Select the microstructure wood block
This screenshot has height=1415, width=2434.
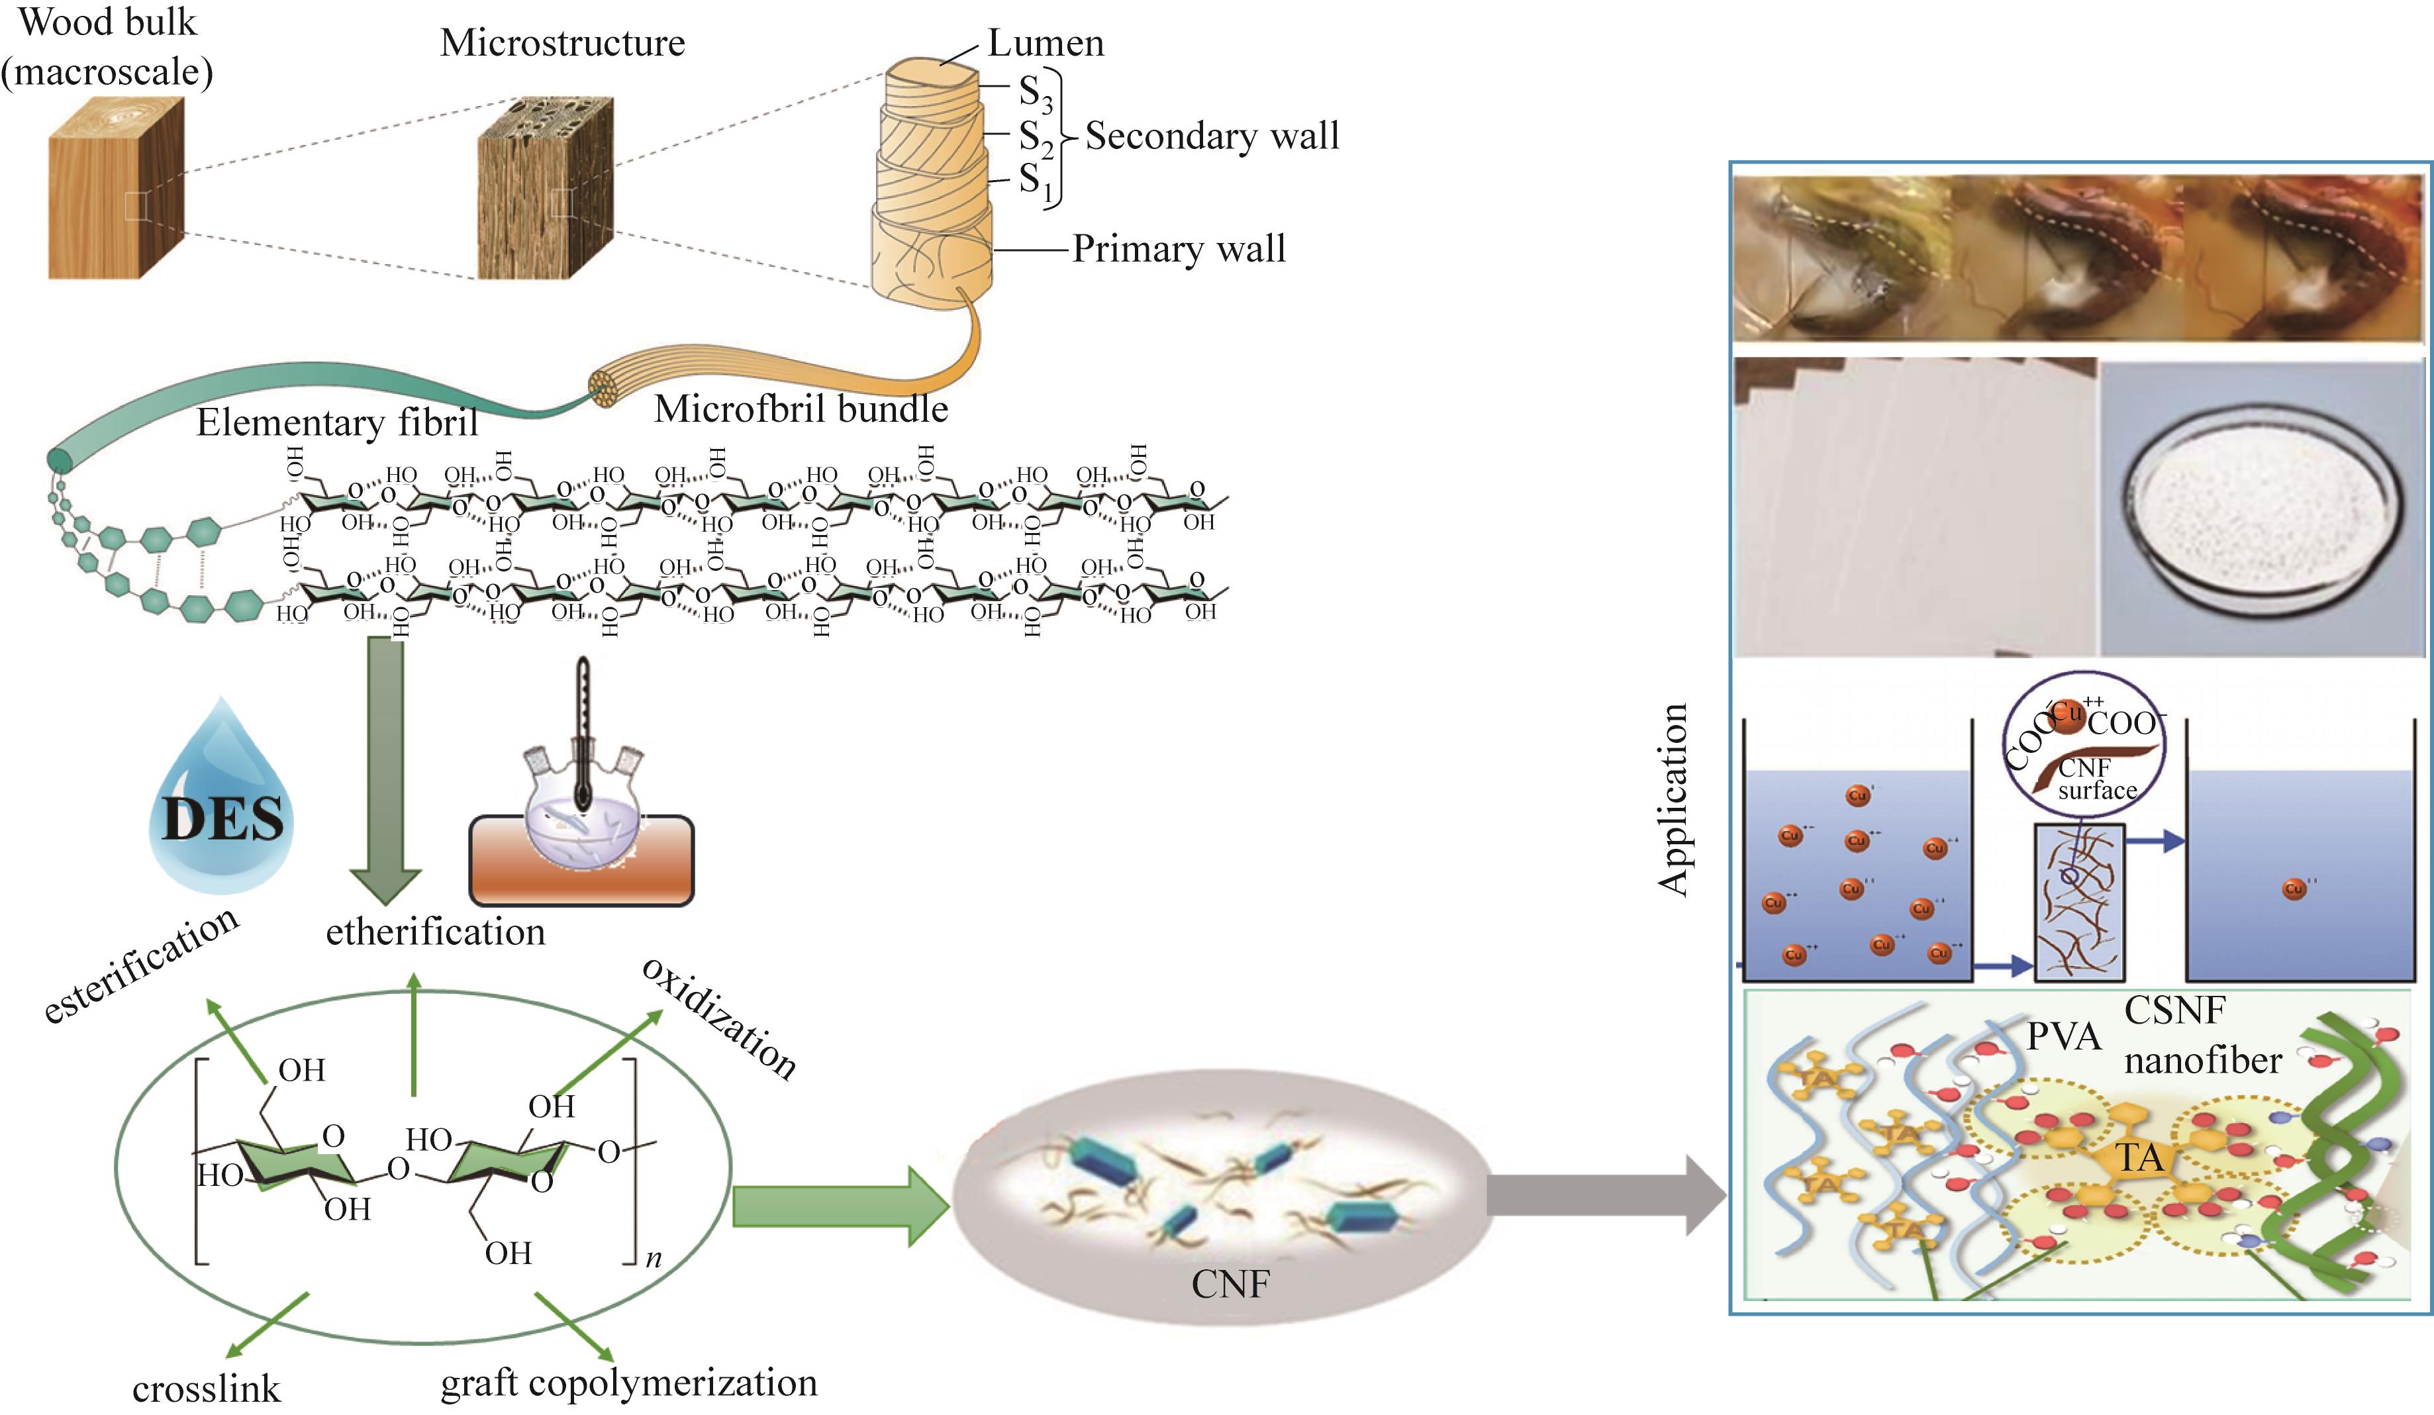(546, 188)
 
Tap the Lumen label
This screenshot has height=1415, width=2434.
(1045, 44)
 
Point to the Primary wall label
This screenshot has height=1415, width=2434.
(1179, 249)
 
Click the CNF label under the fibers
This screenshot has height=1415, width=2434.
(1230, 1285)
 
